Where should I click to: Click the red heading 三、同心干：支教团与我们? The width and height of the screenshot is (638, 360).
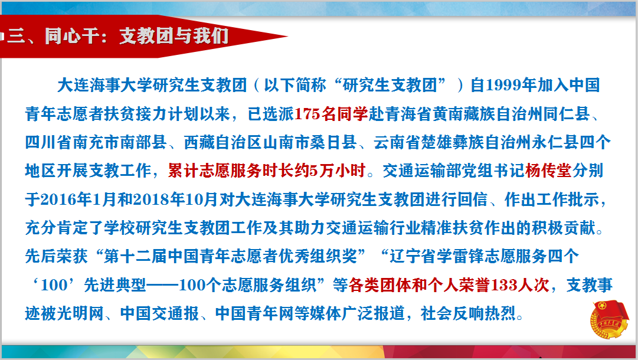pos(118,36)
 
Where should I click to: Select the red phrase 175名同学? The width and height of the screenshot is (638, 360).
pos(331,114)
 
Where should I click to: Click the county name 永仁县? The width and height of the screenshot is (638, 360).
pos(555,142)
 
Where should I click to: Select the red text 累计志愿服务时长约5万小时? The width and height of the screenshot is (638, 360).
pos(267,171)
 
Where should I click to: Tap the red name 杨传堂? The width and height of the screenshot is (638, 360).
pos(548,171)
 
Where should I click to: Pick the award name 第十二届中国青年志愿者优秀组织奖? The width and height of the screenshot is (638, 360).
pos(230,256)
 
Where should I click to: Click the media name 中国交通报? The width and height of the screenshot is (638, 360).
pos(159,313)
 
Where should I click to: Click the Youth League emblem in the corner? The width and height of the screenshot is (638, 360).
pos(609,319)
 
